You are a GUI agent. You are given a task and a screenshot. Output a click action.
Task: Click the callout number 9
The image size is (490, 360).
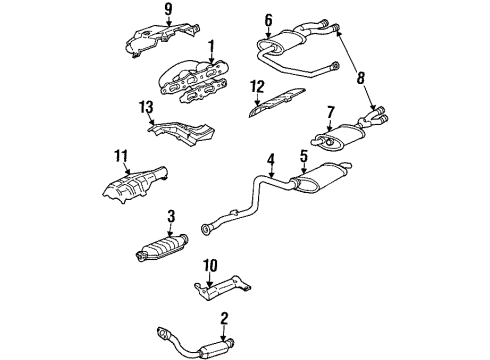[168, 11]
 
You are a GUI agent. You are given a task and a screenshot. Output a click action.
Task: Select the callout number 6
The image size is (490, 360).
[268, 18]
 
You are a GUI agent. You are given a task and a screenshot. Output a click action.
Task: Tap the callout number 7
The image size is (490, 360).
[330, 113]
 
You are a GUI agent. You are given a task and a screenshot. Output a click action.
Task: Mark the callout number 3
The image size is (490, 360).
[172, 215]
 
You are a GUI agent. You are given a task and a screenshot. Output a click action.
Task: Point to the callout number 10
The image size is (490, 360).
[210, 265]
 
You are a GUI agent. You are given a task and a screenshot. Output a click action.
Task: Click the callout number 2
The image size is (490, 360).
[224, 318]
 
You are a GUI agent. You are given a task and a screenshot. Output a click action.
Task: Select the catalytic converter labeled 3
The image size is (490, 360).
[164, 249]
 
